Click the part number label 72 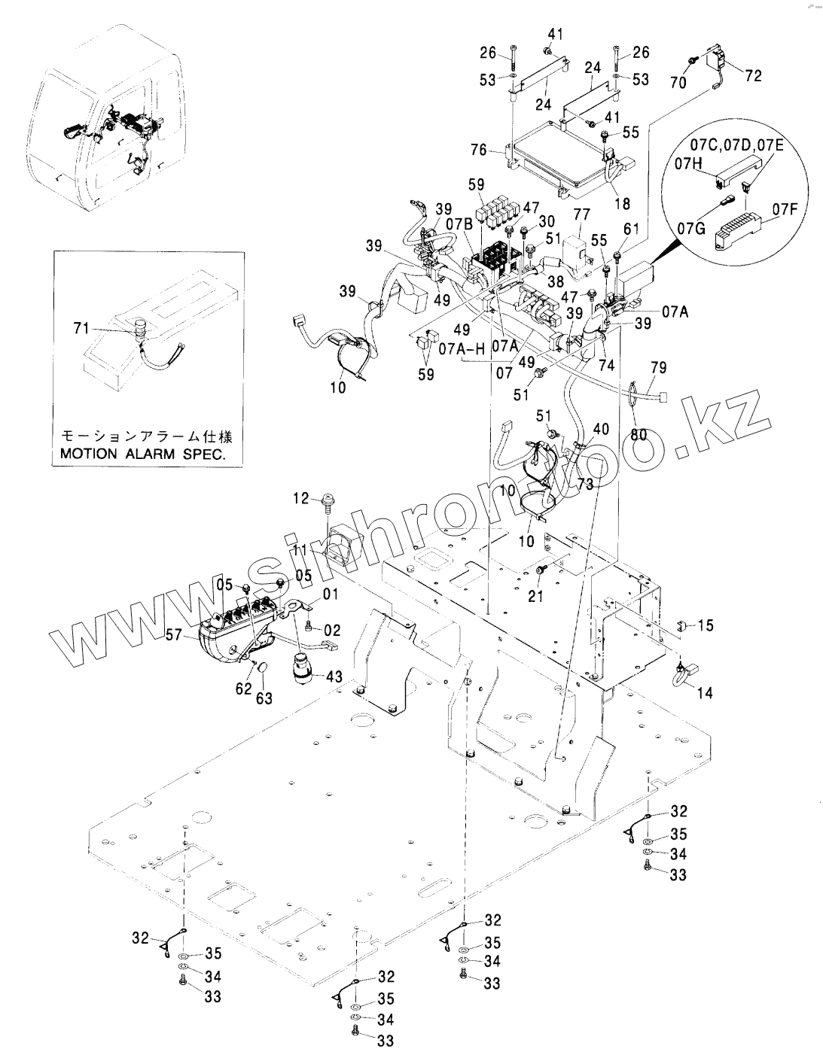tap(753, 76)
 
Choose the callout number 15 tap(706, 625)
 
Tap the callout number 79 tap(658, 368)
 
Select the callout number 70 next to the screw tap(678, 83)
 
